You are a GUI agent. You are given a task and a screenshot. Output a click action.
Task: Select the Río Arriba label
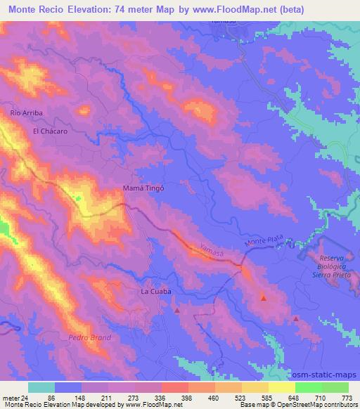(x=27, y=112)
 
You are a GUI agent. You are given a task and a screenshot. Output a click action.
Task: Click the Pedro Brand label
(x=85, y=338)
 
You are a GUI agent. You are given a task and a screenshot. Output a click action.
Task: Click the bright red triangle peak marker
(x=264, y=299)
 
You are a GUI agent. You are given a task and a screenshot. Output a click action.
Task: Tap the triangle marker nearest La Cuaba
(x=176, y=309)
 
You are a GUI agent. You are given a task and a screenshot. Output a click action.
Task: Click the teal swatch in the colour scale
(x=41, y=387)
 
